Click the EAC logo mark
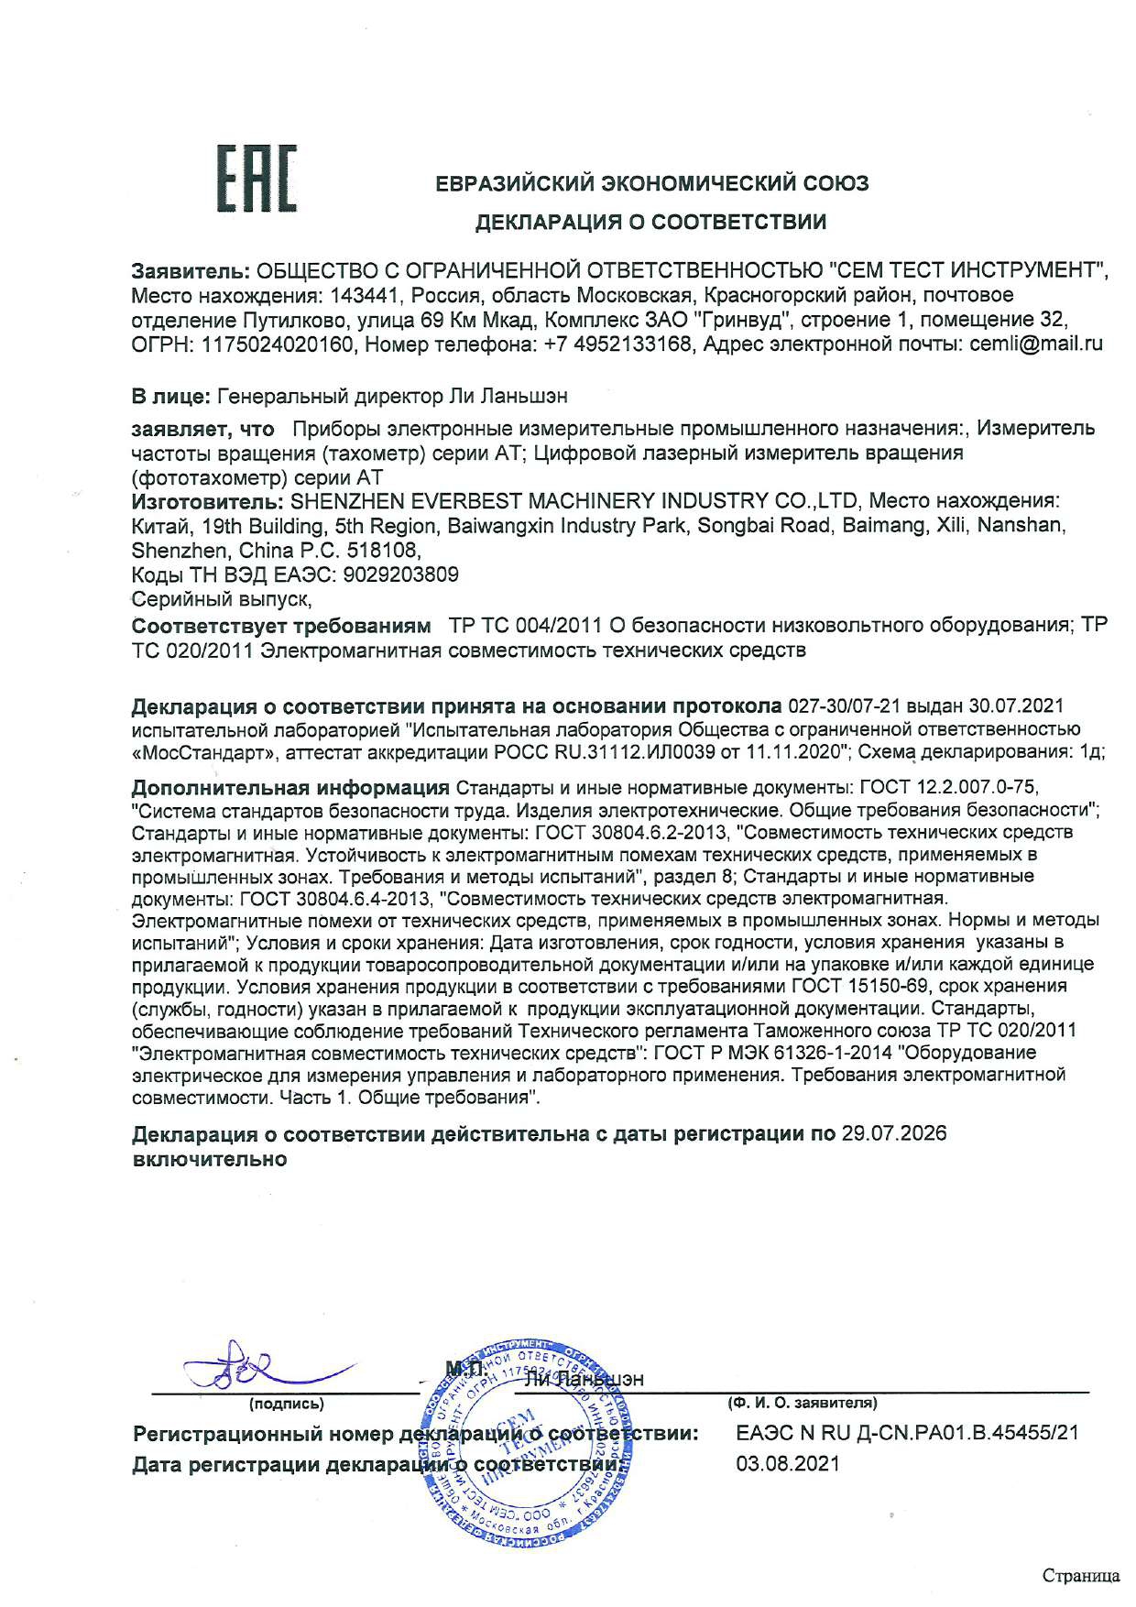tap(260, 182)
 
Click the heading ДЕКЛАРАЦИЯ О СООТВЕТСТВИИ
tap(650, 221)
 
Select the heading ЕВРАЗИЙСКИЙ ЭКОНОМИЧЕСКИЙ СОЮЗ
tap(651, 183)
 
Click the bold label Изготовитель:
tap(206, 501)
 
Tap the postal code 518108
tap(384, 552)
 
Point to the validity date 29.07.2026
tap(893, 1133)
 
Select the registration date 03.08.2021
tap(788, 1463)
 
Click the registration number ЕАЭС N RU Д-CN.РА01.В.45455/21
tap(907, 1432)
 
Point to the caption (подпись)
tap(286, 1403)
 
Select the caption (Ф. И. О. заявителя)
tap(802, 1403)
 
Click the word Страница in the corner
tap(1081, 1576)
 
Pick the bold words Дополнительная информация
tap(290, 788)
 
